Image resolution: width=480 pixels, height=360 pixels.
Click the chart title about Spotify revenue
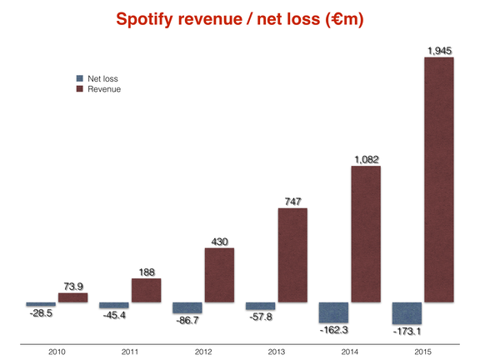coord(240,18)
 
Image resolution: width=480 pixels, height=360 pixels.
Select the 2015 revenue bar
coord(439,179)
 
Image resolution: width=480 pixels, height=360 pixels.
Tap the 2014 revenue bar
coord(366,234)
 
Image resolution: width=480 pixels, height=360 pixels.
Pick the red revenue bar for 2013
coord(292,254)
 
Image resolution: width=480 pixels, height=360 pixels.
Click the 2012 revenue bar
coord(219,274)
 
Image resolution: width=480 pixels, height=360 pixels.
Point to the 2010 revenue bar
coord(72,297)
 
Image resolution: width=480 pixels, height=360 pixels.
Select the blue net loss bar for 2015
coord(407,312)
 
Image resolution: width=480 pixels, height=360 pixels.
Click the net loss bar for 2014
coord(333,312)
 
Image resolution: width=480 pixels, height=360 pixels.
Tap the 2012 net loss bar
coord(187,307)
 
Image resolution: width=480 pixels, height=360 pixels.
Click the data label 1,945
coord(439,52)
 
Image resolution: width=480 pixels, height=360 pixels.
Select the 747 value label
coord(292,201)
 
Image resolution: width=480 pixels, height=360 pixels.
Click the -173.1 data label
coord(407,331)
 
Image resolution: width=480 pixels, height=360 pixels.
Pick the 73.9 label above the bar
coord(72,286)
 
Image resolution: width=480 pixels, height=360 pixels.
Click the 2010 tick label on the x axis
coord(56,347)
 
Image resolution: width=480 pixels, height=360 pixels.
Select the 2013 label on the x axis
coord(277,347)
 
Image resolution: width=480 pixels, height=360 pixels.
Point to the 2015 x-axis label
coord(423,347)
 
